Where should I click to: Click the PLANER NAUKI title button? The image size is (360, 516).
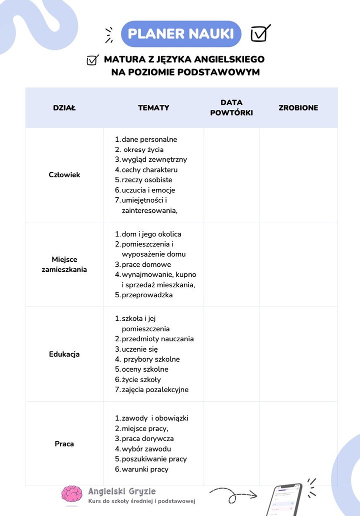pyautogui.click(x=181, y=34)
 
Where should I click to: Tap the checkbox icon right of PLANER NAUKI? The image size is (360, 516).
pyautogui.click(x=260, y=33)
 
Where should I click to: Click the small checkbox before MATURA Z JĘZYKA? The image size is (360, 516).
pyautogui.click(x=92, y=60)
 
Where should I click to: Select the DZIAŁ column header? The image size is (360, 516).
pyautogui.click(x=64, y=108)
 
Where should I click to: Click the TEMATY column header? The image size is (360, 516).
pyautogui.click(x=153, y=108)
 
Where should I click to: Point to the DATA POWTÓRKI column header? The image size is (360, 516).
pyautogui.click(x=231, y=108)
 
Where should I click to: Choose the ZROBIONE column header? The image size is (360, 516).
pyautogui.click(x=298, y=108)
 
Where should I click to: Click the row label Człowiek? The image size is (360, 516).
pyautogui.click(x=64, y=175)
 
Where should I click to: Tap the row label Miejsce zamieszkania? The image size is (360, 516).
pyautogui.click(x=64, y=264)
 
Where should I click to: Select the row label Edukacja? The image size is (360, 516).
pyautogui.click(x=64, y=354)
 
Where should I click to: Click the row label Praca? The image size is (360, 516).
pyautogui.click(x=64, y=444)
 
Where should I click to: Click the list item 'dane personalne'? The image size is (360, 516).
pyautogui.click(x=149, y=139)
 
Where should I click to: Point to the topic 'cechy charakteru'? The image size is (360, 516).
pyautogui.click(x=149, y=170)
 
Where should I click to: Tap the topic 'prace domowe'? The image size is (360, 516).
pyautogui.click(x=146, y=264)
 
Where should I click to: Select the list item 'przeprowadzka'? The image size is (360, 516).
pyautogui.click(x=147, y=295)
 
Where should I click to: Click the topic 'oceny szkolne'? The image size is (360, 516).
pyautogui.click(x=145, y=369)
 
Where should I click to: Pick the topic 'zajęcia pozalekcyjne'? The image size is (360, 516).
pyautogui.click(x=155, y=390)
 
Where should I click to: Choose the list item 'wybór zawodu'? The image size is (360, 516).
pyautogui.click(x=146, y=449)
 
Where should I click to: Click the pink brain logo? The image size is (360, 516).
pyautogui.click(x=72, y=494)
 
